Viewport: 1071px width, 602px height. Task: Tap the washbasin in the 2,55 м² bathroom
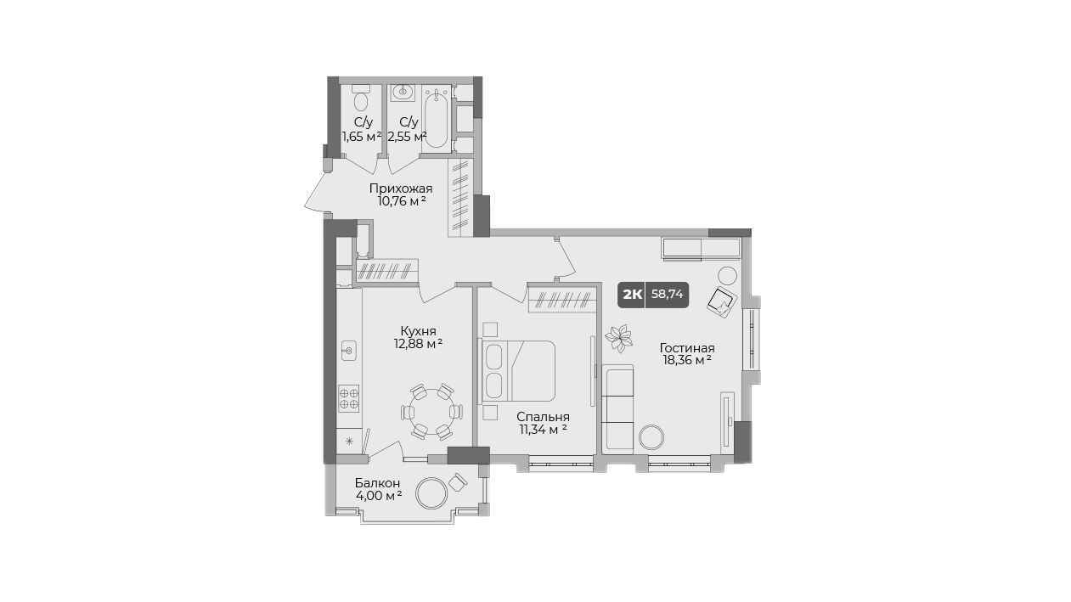point(403,93)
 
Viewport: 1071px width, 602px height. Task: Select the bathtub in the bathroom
point(436,120)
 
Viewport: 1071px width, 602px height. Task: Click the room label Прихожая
point(401,188)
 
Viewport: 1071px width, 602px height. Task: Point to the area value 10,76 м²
point(402,201)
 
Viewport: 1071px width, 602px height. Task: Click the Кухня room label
point(418,331)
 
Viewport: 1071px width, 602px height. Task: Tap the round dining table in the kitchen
point(431,411)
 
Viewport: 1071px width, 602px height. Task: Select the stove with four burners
point(348,399)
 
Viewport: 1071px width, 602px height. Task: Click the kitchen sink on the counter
point(349,351)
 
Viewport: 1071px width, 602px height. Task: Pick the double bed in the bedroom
point(518,370)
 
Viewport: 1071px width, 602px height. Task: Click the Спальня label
point(544,417)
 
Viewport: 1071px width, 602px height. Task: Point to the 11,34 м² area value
point(544,430)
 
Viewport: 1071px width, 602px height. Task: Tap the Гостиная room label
point(687,348)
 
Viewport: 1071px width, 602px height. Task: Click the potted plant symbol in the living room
point(619,338)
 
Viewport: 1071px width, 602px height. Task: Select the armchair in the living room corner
point(721,302)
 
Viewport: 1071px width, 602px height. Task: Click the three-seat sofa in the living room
point(617,408)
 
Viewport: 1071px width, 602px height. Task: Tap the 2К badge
point(632,295)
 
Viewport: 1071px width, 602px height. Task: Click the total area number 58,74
point(667,294)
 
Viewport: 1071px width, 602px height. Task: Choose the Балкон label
point(377,483)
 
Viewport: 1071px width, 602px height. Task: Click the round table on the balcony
point(431,493)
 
